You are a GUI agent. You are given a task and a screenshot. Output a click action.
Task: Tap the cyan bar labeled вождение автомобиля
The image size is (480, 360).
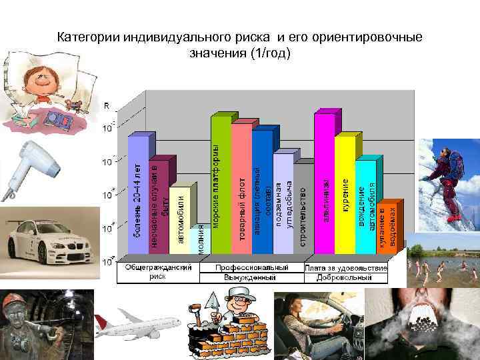367,207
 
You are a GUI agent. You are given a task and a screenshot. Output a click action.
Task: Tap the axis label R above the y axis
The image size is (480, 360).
107,105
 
